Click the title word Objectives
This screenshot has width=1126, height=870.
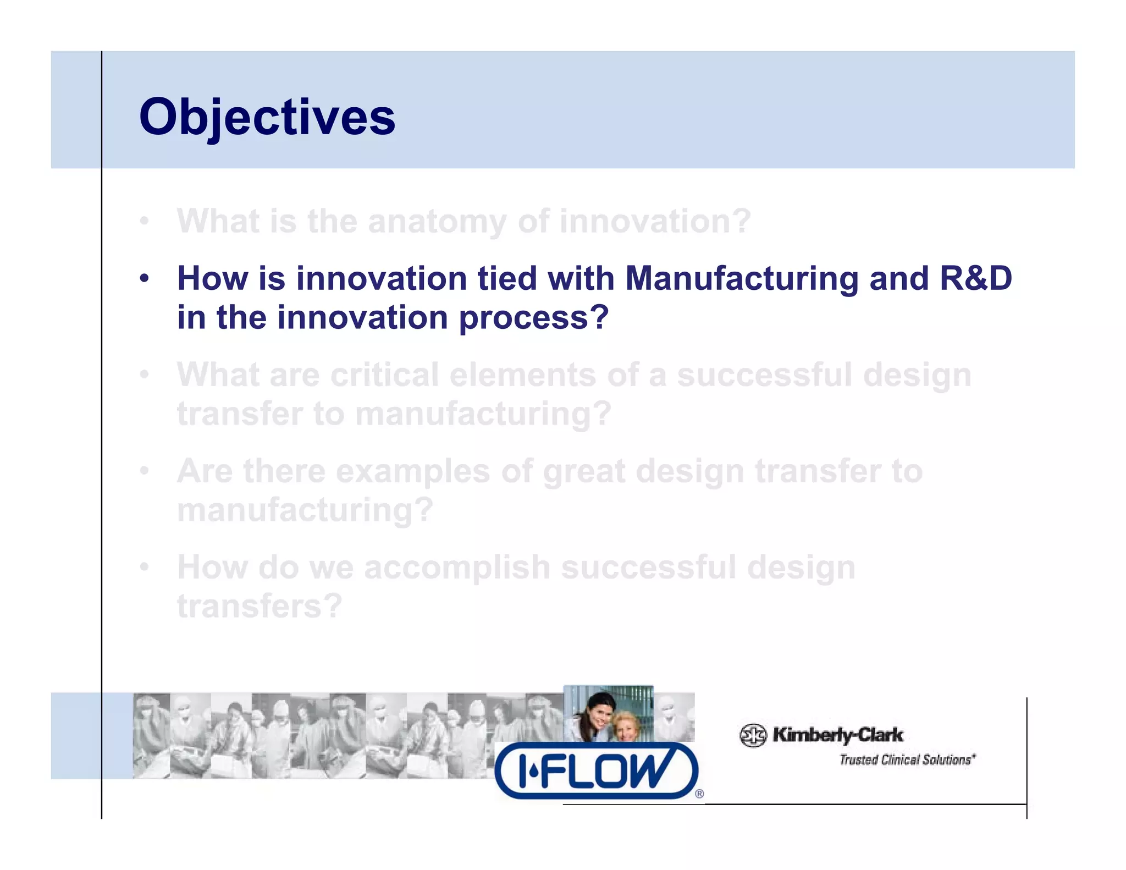[267, 117]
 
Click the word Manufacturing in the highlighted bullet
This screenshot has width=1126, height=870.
[742, 278]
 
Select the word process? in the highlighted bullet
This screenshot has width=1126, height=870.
[534, 318]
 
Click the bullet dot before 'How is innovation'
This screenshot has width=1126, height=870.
[144, 278]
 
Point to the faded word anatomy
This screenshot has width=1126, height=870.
[437, 221]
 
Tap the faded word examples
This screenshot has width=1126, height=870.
[412, 471]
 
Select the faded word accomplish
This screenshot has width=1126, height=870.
[457, 567]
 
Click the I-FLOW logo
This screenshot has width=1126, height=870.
[597, 770]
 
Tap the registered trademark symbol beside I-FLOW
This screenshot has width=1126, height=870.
[699, 794]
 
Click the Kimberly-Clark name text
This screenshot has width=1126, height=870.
[837, 735]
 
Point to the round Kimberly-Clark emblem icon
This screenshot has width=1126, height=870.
[753, 735]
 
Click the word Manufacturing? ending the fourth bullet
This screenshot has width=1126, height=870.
[305, 510]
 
